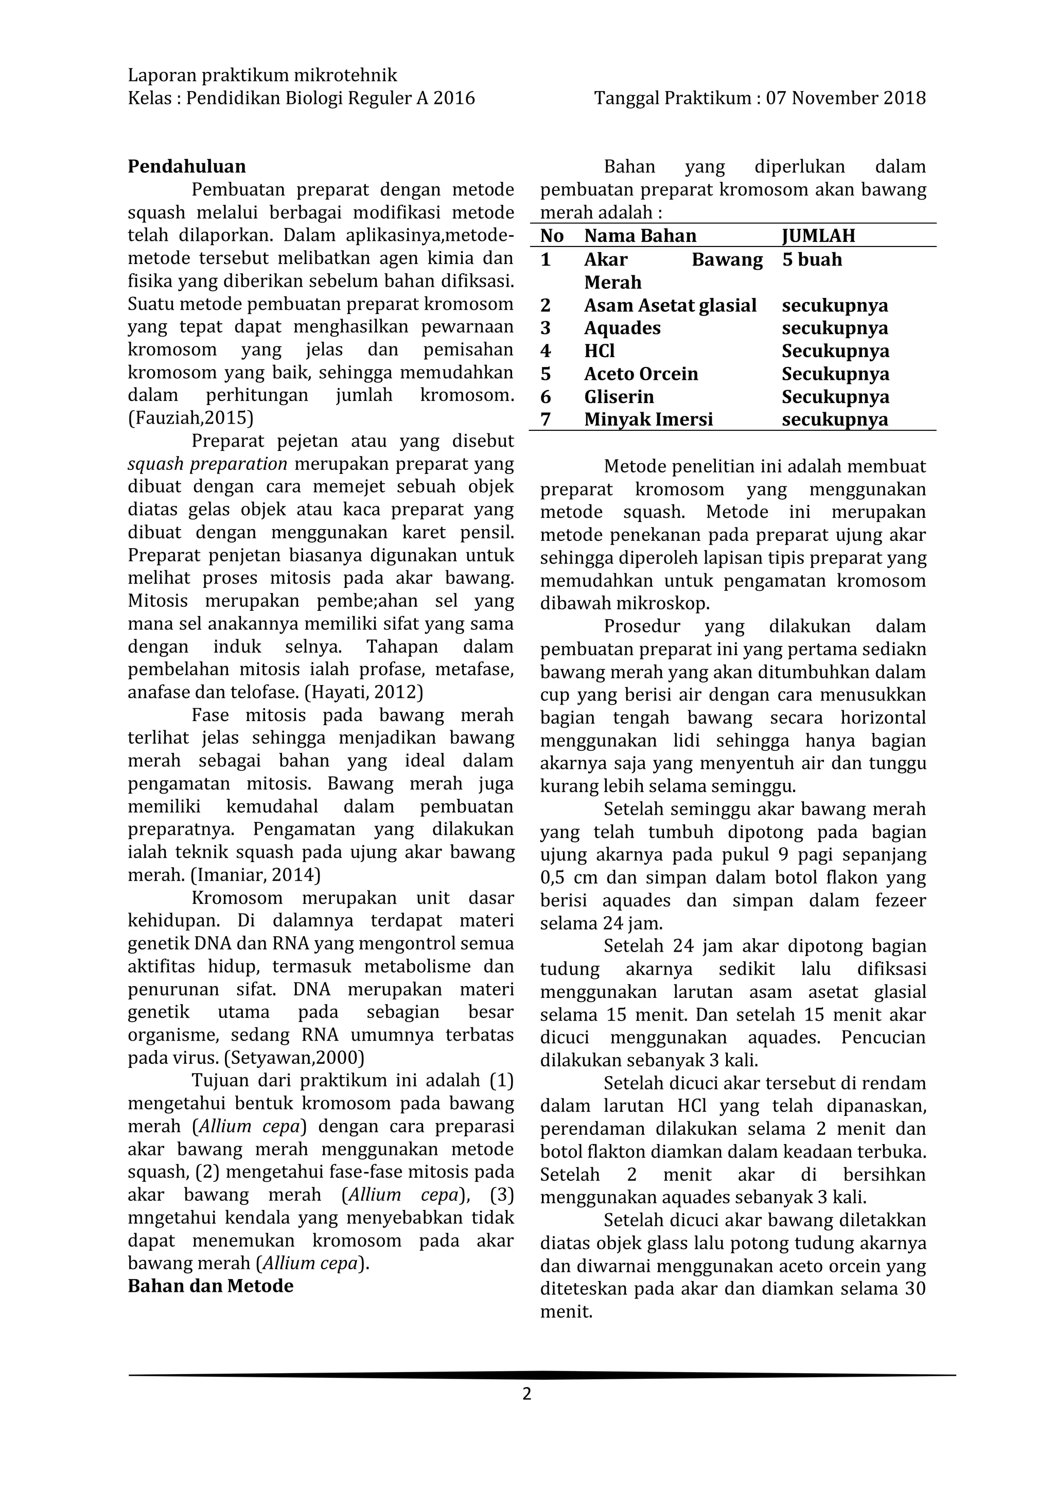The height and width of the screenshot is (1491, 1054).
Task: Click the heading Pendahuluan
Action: pyautogui.click(x=186, y=167)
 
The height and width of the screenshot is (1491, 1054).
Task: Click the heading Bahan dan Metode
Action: pyautogui.click(x=210, y=1287)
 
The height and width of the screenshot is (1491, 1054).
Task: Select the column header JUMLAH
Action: pyautogui.click(x=818, y=236)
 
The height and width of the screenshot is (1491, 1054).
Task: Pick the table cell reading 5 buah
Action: pyautogui.click(x=812, y=260)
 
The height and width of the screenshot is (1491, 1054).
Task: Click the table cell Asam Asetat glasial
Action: pyautogui.click(x=670, y=305)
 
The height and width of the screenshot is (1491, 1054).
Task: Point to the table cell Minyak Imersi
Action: pyautogui.click(x=648, y=419)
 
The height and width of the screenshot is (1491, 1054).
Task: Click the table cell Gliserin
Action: pyautogui.click(x=619, y=397)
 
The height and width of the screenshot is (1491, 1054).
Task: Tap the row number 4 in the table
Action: pyautogui.click(x=546, y=352)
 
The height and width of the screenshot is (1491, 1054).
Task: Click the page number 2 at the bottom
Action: pyautogui.click(x=526, y=1395)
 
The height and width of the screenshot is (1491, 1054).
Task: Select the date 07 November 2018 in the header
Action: pyautogui.click(x=846, y=98)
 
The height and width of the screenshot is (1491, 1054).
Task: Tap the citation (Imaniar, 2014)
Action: pyautogui.click(x=255, y=875)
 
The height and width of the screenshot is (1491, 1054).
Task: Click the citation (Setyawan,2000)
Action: pyautogui.click(x=294, y=1058)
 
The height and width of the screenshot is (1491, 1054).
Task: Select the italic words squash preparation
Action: pyautogui.click(x=207, y=464)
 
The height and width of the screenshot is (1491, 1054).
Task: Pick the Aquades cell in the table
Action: pyautogui.click(x=622, y=328)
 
